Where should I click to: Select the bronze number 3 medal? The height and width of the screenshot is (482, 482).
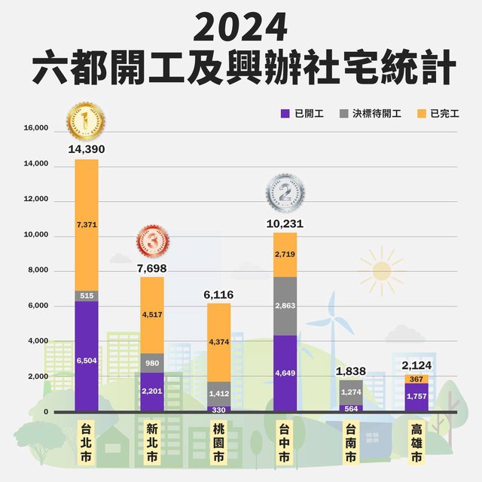pos(152,243)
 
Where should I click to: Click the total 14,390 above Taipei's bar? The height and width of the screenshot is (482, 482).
pos(86,149)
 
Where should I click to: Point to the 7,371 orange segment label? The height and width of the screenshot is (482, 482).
pos(87,224)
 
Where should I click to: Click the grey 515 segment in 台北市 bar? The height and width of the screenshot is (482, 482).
pos(87,296)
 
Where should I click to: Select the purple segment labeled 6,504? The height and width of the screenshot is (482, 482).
pos(87,360)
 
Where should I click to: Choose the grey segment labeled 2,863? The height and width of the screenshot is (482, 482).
pos(285,306)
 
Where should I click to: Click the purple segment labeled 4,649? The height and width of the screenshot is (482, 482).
pos(285,373)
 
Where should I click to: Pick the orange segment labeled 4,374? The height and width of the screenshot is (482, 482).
pos(218,343)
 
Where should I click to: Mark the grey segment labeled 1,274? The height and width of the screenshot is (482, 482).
pos(350,392)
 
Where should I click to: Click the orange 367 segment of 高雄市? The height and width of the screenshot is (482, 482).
pos(416,379)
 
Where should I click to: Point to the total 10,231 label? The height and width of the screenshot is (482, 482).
pos(285,223)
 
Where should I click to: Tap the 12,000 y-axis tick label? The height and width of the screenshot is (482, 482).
pos(36,200)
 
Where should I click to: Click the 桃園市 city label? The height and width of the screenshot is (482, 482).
pos(218,446)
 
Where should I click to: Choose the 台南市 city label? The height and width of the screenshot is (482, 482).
pos(350,446)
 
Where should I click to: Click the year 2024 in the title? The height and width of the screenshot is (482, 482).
pos(241,29)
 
